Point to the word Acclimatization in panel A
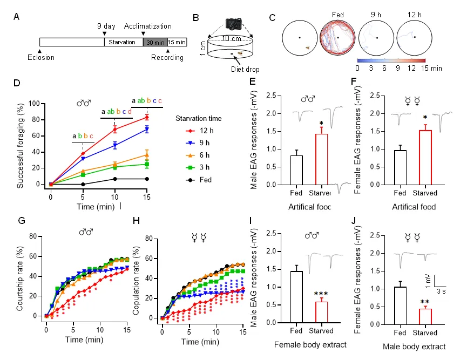[x=147, y=26]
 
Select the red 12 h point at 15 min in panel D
[x=147, y=117]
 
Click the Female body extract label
[x=309, y=344]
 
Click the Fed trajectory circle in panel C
[x=337, y=37]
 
